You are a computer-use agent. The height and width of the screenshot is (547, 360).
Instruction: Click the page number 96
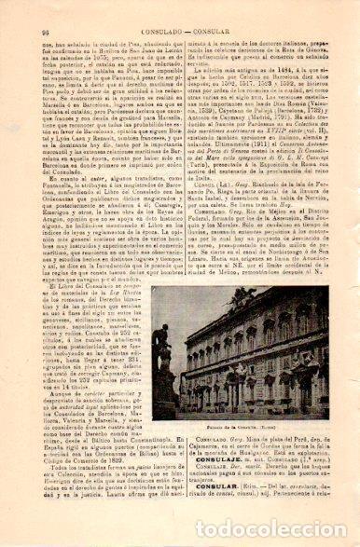click(x=20, y=7)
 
